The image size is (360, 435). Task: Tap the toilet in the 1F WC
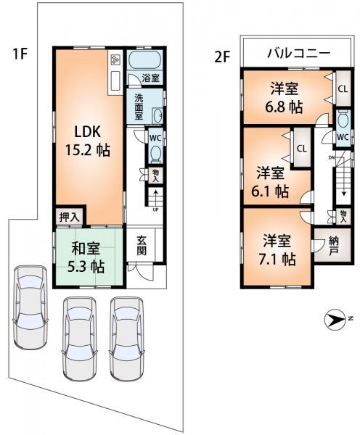click(154, 151)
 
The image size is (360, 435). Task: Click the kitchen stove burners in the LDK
click(115, 60)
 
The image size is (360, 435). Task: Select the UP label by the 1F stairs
click(155, 210)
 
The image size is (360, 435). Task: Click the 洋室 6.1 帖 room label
click(272, 183)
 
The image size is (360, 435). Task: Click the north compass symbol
click(335, 320)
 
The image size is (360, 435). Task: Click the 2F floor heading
click(222, 55)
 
